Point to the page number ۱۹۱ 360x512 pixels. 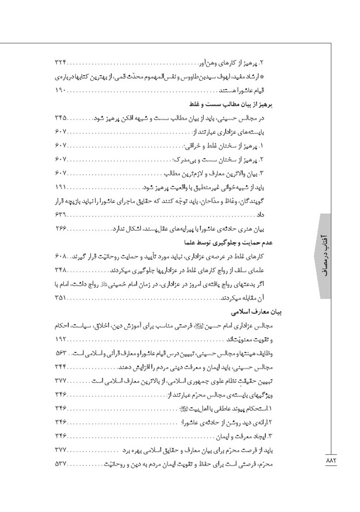(61, 188)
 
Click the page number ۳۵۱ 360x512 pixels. (61, 298)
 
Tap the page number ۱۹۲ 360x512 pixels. (61, 340)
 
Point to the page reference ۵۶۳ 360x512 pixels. (61, 354)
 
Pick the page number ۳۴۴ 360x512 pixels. (61, 368)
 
